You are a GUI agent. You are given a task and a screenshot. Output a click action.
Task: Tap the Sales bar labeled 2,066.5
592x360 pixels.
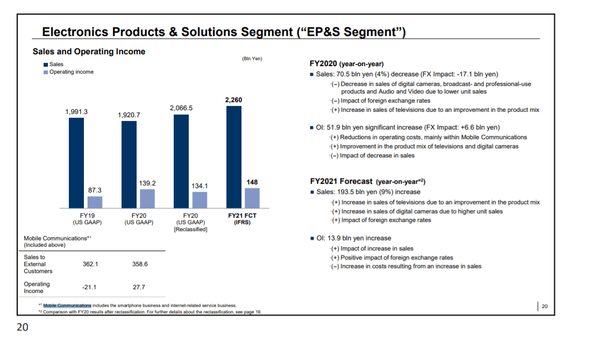tap(181, 161)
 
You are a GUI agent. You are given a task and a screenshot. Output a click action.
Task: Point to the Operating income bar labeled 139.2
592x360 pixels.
tap(147, 198)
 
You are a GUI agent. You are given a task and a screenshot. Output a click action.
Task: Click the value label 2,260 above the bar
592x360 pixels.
tap(234, 100)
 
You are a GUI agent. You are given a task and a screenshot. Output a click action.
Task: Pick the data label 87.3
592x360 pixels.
tap(95, 190)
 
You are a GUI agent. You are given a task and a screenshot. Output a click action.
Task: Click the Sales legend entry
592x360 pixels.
tap(56, 64)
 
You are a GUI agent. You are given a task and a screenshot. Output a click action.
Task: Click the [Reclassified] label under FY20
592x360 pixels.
tap(190, 229)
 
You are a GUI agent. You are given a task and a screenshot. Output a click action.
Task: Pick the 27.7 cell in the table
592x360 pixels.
tap(139, 287)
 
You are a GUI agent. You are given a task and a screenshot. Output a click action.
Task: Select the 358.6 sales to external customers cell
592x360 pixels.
tap(139, 264)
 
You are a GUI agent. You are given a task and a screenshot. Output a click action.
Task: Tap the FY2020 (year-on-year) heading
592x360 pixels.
tap(347, 63)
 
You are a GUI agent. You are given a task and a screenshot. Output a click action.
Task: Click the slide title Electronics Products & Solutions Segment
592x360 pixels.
tap(223, 32)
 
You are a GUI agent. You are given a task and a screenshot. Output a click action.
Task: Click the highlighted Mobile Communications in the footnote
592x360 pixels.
tap(67, 305)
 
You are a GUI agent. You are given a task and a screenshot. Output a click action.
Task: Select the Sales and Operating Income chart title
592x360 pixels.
tap(89, 52)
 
